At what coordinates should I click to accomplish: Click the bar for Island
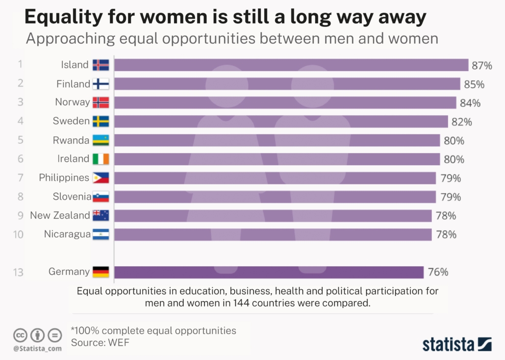291,65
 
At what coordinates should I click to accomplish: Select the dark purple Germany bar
269,272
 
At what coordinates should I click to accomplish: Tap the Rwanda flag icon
101,141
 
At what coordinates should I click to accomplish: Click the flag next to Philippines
101,178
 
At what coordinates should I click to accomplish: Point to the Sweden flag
101,122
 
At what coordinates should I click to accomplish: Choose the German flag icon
101,272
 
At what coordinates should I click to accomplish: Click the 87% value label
481,65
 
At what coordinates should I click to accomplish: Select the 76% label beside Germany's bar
438,272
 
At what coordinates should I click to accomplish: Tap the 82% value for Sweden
462,122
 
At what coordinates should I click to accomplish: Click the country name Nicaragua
67,234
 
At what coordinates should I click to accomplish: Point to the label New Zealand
60,215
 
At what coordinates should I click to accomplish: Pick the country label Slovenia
72,197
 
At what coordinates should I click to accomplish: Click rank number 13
18,272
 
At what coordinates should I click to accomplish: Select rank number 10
18,234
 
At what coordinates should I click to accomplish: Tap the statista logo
456,344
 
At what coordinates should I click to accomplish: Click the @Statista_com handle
37,348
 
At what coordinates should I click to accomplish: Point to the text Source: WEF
101,343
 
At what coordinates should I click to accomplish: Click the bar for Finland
287,84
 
